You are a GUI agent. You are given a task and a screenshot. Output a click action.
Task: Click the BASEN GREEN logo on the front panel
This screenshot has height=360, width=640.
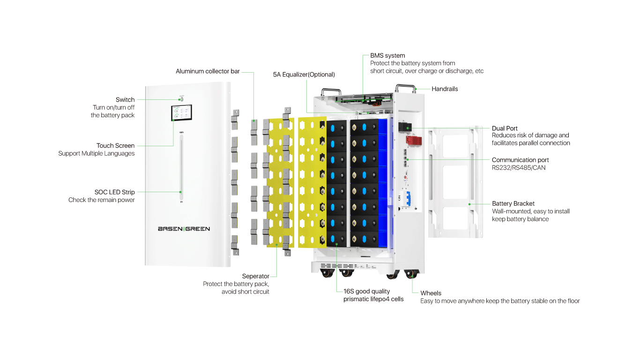(184, 229)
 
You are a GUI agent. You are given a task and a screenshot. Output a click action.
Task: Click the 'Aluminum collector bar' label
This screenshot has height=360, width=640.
(208, 71)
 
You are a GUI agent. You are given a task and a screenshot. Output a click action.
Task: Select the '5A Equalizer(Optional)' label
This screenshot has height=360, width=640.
(304, 75)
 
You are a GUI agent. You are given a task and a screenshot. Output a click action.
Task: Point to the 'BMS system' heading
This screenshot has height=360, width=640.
(387, 55)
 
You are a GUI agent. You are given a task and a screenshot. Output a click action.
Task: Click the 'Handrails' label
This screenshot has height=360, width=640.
(445, 89)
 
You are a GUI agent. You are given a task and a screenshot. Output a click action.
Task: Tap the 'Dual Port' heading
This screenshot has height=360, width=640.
(505, 128)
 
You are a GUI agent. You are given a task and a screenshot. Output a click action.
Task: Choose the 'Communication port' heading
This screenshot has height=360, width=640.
(520, 160)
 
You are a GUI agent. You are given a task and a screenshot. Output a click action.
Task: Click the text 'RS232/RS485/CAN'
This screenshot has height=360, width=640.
(519, 167)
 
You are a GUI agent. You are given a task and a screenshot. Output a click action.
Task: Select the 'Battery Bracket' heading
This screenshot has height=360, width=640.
(513, 203)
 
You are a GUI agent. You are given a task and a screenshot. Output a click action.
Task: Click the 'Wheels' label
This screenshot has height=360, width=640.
(431, 293)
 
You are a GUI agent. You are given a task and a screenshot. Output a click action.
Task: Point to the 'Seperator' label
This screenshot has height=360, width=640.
(255, 276)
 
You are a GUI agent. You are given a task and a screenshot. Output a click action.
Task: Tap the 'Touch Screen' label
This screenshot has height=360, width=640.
(115, 146)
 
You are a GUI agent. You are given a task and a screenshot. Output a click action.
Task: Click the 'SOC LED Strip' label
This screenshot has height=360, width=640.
(114, 192)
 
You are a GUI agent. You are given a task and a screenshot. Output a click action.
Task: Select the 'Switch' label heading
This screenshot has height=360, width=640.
(125, 99)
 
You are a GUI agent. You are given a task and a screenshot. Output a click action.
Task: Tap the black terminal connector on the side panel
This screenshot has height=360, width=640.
(406, 127)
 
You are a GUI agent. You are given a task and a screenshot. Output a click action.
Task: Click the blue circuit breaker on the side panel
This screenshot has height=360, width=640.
(409, 199)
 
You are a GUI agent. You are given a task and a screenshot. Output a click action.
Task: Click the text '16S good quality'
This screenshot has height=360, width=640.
(366, 292)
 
